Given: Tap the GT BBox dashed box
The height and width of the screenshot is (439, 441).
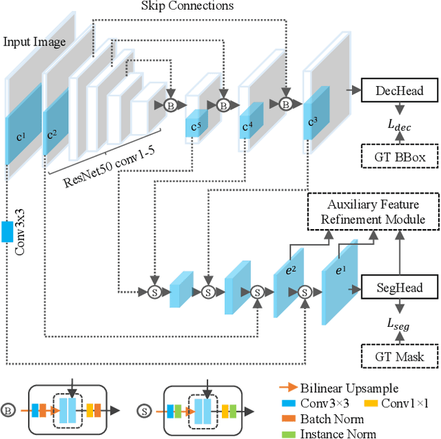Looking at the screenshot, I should coord(399,158).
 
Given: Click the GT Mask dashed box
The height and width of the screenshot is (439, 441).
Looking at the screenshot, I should coord(399,356).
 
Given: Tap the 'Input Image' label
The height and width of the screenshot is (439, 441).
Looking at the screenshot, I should coord(34,42).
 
